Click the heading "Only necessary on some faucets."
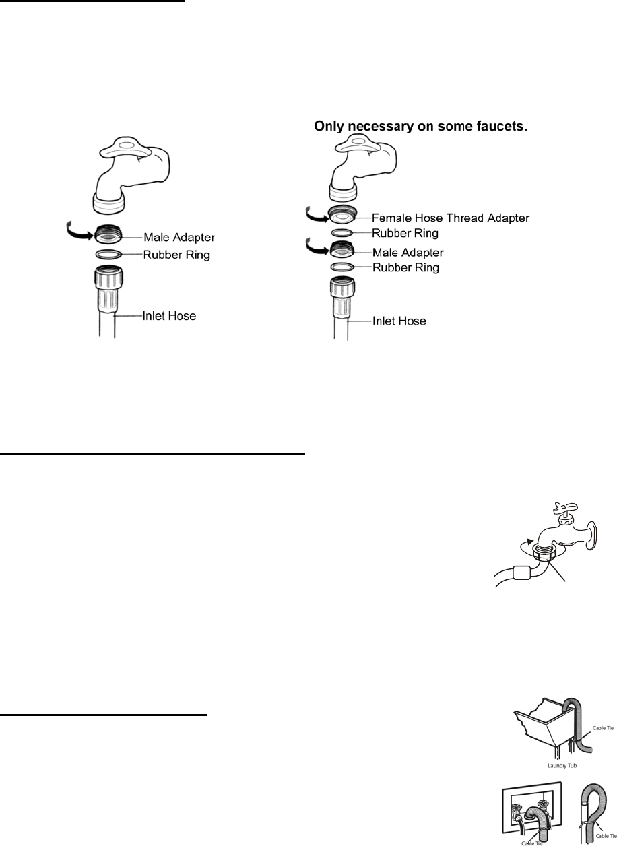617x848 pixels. coord(422,126)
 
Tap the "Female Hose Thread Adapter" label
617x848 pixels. coord(451,218)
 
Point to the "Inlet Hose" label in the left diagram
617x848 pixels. coord(169,315)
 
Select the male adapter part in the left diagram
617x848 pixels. coord(108,236)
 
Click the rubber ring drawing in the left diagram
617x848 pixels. coord(108,255)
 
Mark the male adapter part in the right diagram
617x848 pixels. coord(345,252)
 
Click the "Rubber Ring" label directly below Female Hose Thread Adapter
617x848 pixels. coord(406,234)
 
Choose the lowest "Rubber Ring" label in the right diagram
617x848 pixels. coord(406,268)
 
